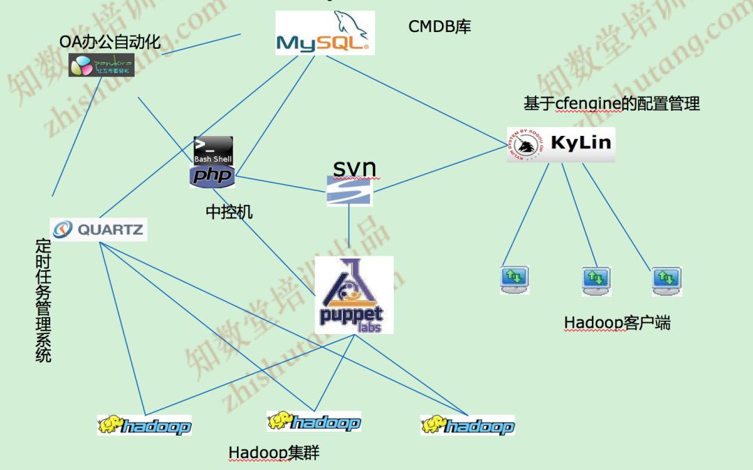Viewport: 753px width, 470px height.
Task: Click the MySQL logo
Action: [x=325, y=33]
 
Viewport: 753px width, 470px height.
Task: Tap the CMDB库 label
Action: [x=440, y=26]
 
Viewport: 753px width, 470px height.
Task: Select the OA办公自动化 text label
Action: [x=110, y=42]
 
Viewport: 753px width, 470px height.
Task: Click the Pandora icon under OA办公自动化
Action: [x=101, y=65]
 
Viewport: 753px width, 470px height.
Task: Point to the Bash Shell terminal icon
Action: [x=213, y=150]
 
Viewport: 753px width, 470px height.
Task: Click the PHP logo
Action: [x=213, y=176]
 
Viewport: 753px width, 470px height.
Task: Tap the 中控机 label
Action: [x=229, y=212]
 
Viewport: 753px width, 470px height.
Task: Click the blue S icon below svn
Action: [x=349, y=190]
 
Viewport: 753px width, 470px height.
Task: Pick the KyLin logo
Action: [x=561, y=144]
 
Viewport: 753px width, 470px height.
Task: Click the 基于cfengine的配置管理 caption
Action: [x=611, y=104]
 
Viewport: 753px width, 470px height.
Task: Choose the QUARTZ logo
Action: [x=98, y=229]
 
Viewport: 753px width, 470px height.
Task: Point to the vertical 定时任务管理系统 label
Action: [x=43, y=301]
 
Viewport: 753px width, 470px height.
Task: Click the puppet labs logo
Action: [x=354, y=295]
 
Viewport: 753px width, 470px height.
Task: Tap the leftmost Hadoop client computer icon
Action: [x=515, y=279]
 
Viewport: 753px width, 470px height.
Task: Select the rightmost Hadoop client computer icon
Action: [x=667, y=280]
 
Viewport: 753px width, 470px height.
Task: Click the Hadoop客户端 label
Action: [x=617, y=323]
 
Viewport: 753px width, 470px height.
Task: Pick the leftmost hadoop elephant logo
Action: [x=144, y=425]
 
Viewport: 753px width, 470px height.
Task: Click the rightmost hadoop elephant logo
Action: [x=467, y=425]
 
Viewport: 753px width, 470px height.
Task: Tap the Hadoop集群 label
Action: [x=273, y=453]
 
